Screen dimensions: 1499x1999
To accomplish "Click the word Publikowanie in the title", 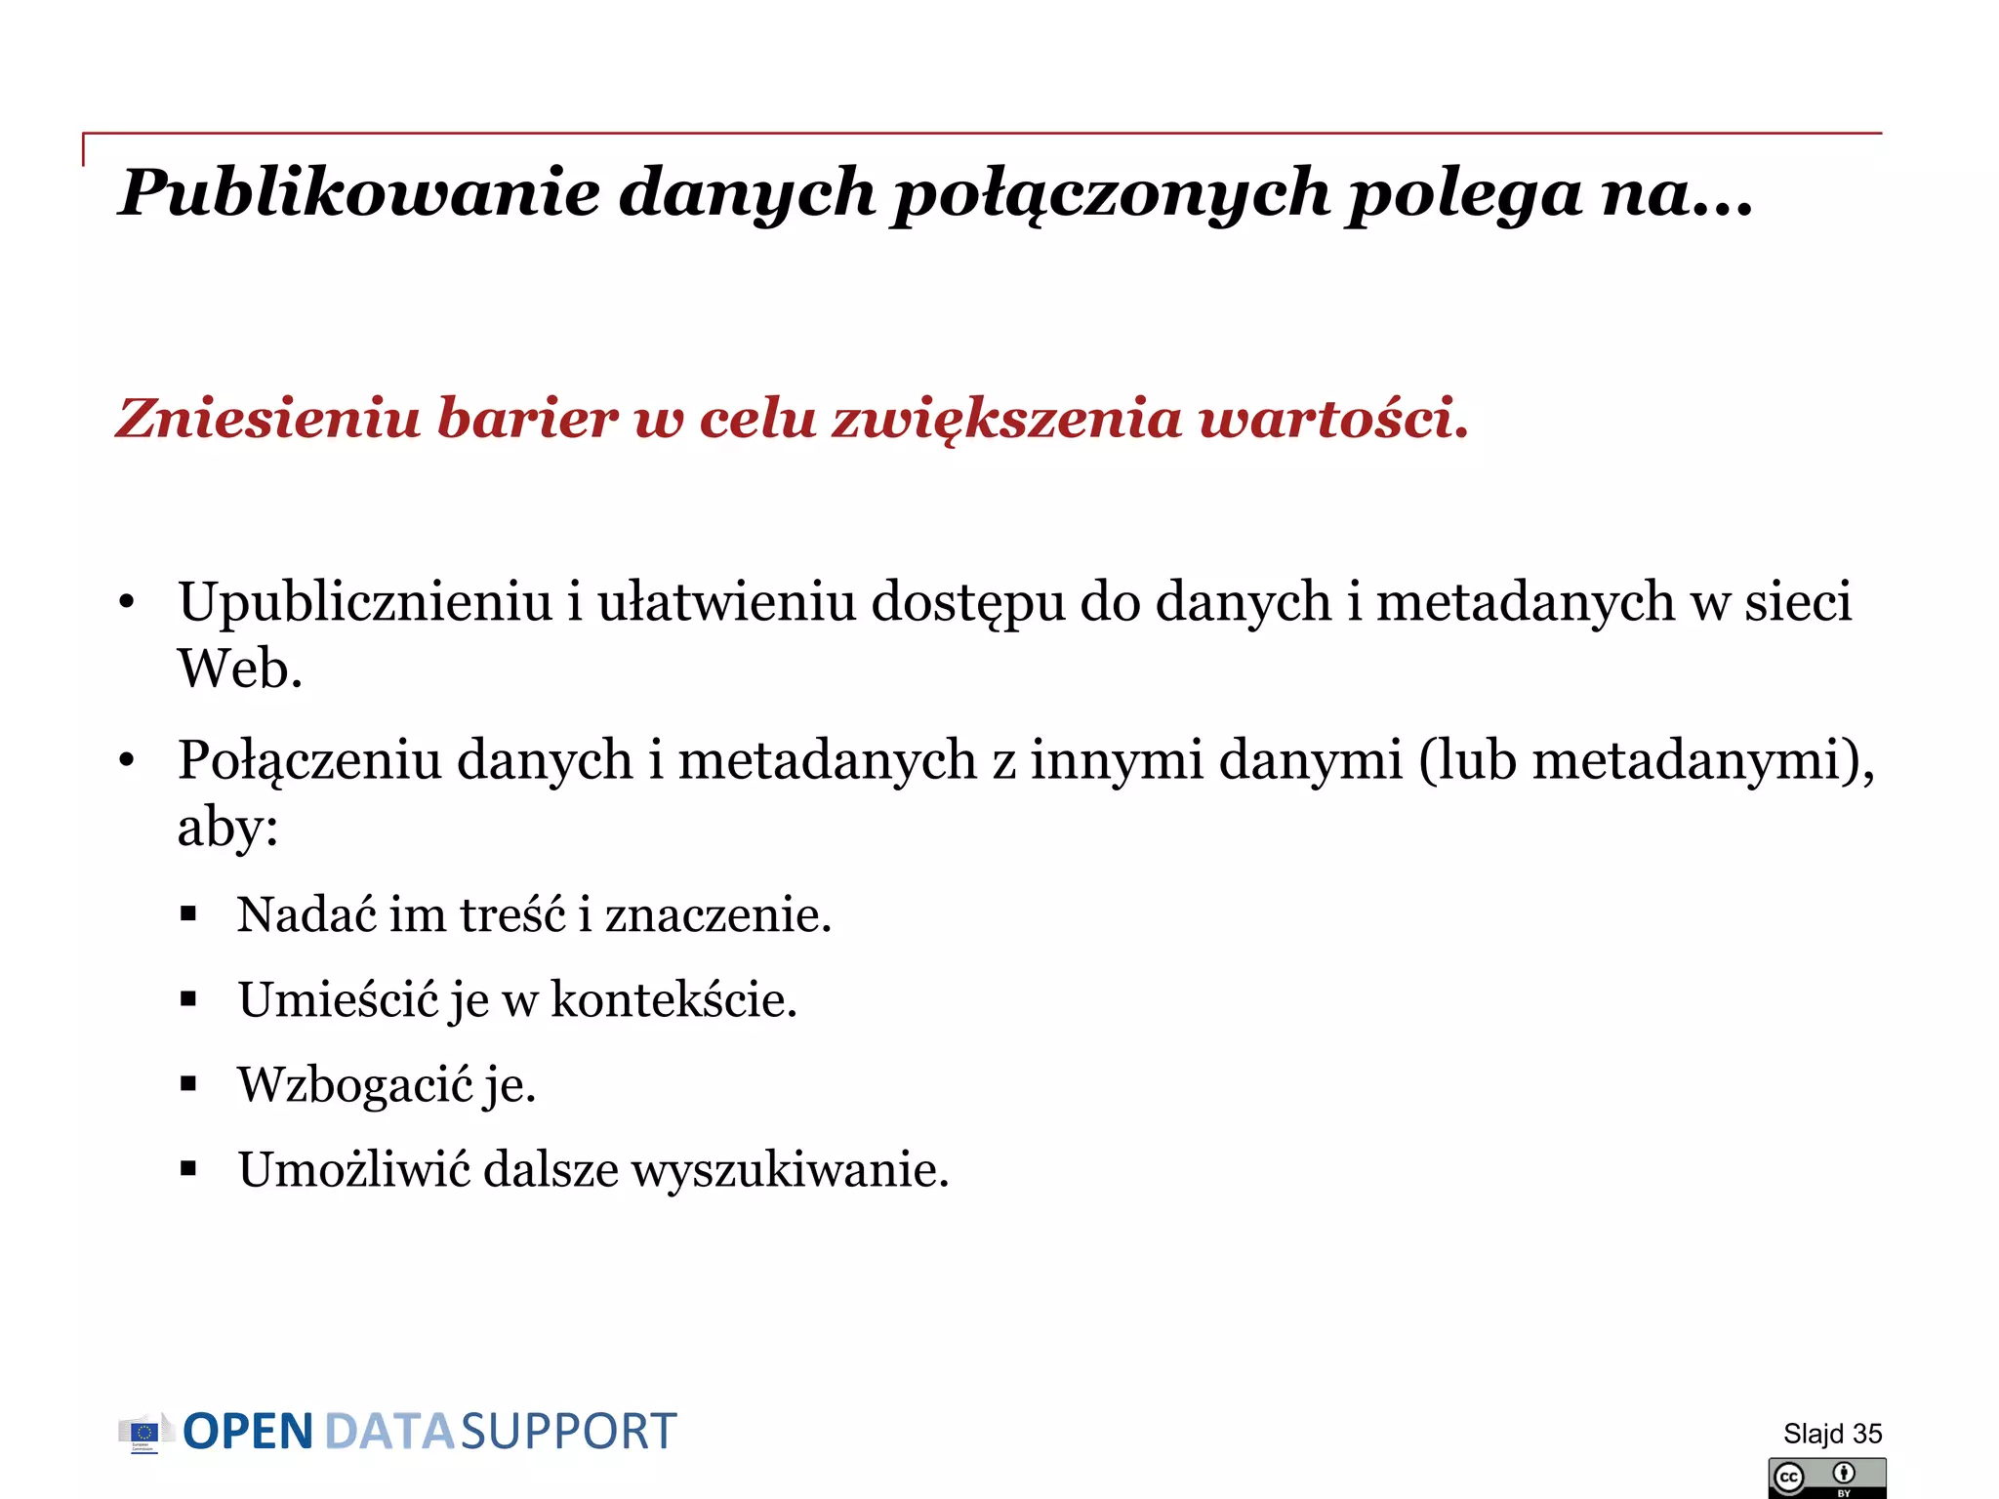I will pos(358,192).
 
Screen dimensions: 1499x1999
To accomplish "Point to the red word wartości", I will pos(1333,419).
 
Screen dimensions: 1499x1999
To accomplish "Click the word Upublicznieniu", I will pos(365,602).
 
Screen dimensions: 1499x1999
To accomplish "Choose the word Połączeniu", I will pos(308,760).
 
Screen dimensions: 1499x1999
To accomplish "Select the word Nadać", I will pos(306,915).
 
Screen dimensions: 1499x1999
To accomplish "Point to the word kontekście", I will pos(673,1000).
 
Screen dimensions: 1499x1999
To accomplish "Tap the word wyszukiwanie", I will pos(789,1170).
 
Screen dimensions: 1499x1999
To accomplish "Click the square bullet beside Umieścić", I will pos(188,999).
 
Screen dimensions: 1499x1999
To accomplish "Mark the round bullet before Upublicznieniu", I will pos(126,602).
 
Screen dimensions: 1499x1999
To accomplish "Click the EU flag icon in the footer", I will pos(144,1433).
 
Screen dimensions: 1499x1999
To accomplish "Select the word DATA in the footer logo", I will pos(388,1433).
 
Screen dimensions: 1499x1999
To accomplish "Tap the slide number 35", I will pos(1866,1434).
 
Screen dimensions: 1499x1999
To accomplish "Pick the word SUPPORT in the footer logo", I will pos(568,1433).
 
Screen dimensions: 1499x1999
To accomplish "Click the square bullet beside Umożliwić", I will pos(188,1169).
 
